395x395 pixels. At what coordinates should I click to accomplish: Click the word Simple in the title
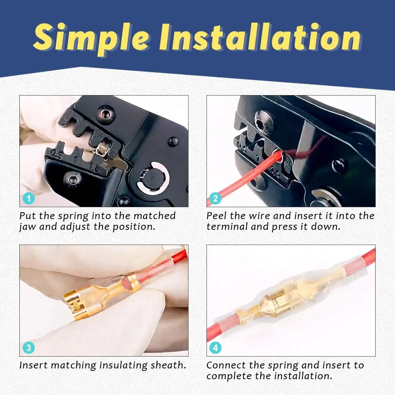[91, 38]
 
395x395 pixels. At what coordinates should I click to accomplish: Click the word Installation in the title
[260, 38]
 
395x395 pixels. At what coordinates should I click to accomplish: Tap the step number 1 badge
[29, 198]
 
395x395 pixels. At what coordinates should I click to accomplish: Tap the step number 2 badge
[215, 198]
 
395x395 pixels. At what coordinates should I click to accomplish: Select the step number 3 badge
[29, 348]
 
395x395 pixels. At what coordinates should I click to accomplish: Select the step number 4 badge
[215, 348]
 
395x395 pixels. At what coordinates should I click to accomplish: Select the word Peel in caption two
[217, 216]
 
